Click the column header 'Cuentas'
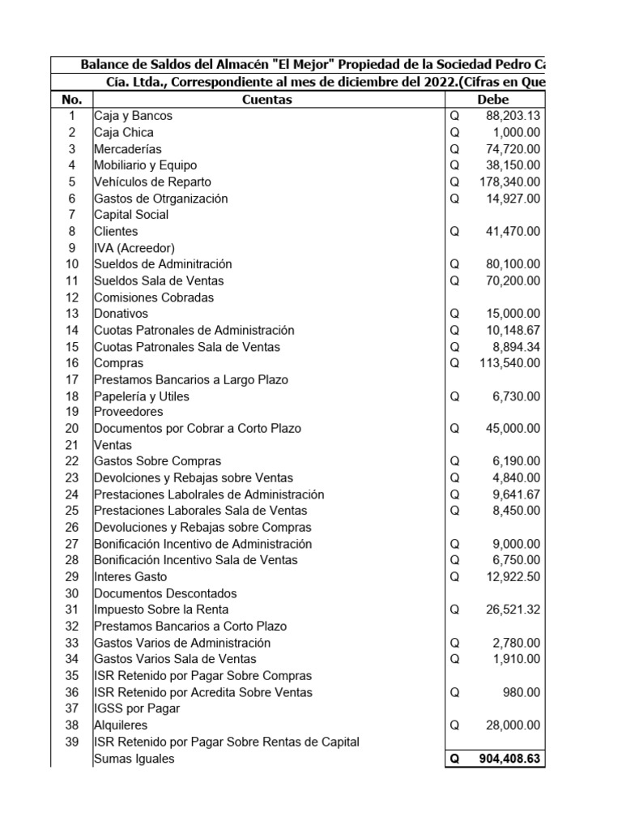point(267,100)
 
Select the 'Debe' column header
point(493,100)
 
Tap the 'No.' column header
point(71,100)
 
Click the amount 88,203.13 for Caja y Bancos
point(513,116)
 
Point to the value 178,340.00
point(509,182)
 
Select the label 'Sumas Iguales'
point(134,759)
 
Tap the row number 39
point(72,742)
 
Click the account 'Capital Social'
point(131,215)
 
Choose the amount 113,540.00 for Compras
point(509,363)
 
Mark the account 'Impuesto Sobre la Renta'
point(161,610)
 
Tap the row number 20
point(72,429)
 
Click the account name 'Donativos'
point(121,314)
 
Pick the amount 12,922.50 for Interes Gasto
point(513,577)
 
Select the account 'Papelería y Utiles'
point(142,396)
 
